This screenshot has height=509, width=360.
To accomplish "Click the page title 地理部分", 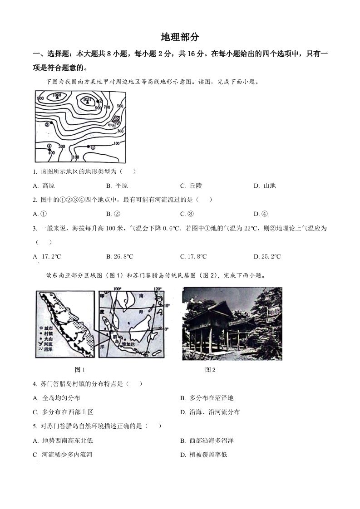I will tap(180, 37).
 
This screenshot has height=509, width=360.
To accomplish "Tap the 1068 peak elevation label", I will tap(57, 95).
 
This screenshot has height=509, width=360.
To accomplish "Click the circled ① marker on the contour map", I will tap(93, 147).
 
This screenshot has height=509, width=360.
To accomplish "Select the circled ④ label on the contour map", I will tap(49, 146).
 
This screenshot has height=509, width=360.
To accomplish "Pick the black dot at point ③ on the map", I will tap(51, 123).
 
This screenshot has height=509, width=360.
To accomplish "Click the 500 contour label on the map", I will tap(120, 106).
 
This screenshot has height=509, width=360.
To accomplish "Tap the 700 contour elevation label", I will tap(107, 107).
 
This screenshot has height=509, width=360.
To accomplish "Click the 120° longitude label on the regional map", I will tap(158, 289).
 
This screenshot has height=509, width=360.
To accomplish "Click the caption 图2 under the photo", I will tap(210, 370).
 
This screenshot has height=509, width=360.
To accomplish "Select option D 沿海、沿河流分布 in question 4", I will tap(210, 412).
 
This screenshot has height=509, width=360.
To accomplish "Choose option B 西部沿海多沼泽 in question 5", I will tap(207, 440).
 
